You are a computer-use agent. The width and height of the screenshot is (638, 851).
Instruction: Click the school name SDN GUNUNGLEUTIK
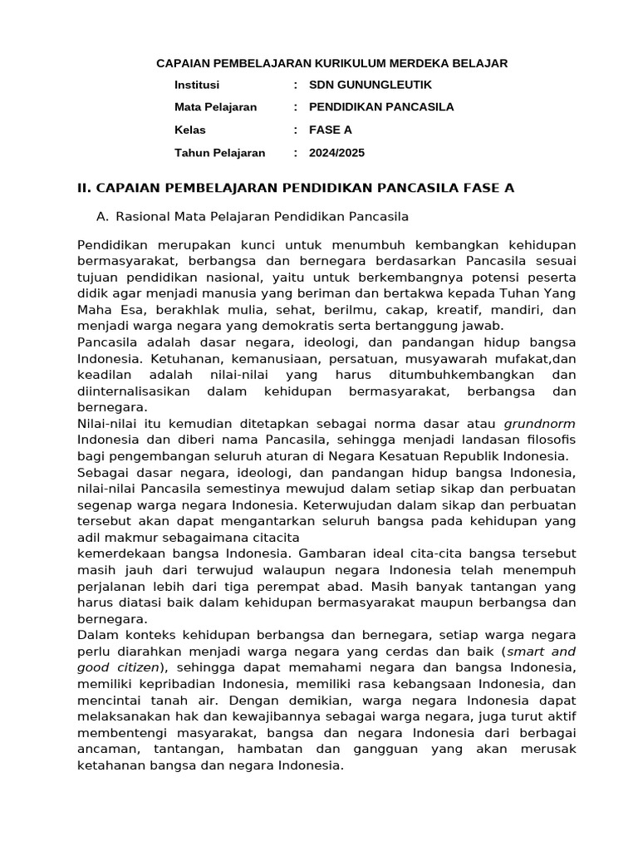pyautogui.click(x=371, y=85)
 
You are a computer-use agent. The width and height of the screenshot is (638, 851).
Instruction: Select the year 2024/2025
pyautogui.click(x=336, y=153)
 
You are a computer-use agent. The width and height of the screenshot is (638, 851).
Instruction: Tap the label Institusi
pyautogui.click(x=196, y=85)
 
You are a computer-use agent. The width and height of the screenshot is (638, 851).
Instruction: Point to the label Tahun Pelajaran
pyautogui.click(x=220, y=153)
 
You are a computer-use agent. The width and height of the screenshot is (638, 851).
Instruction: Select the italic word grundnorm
pyautogui.click(x=539, y=423)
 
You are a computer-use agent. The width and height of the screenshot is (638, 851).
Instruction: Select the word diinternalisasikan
pyautogui.click(x=133, y=391)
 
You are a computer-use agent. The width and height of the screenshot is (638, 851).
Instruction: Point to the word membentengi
pyautogui.click(x=117, y=733)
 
